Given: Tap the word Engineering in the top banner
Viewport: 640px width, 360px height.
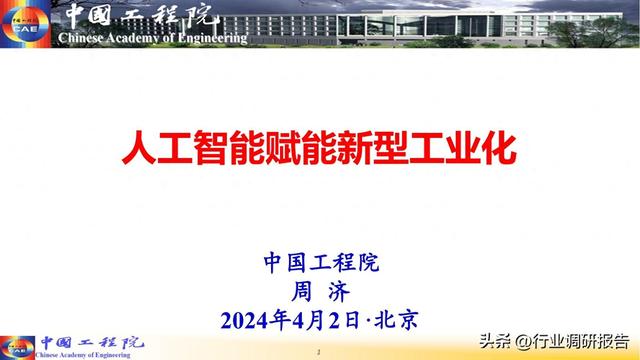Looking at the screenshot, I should [207, 39].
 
